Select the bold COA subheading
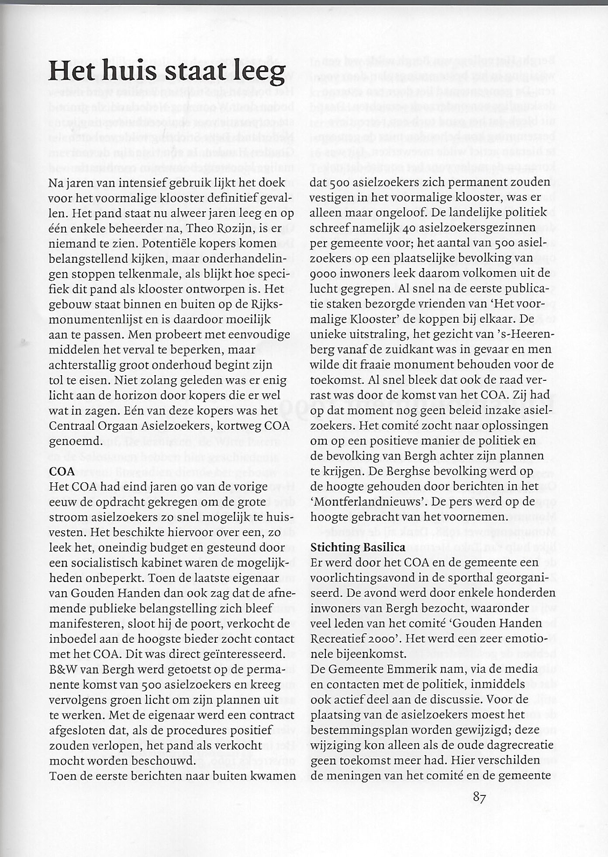[x=62, y=471]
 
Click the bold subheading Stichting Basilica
[x=358, y=547]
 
